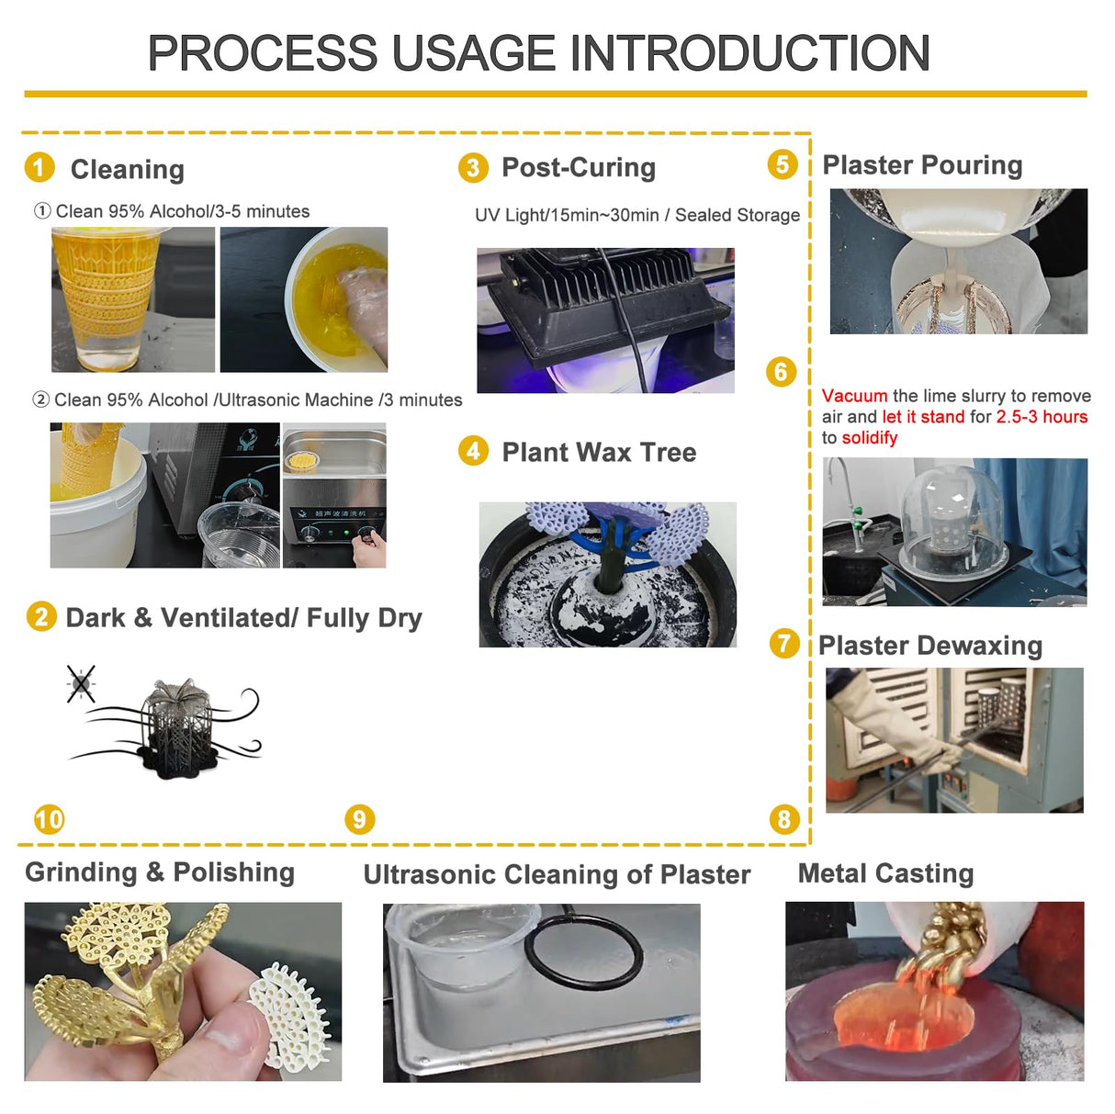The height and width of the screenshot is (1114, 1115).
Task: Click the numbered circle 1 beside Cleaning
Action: coord(39,167)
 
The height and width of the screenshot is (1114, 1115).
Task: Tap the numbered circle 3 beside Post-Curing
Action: coord(472,167)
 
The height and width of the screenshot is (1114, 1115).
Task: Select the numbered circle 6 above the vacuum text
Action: coord(781,372)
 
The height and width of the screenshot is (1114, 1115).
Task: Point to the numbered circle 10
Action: coord(49,818)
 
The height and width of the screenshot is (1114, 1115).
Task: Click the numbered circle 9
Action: coord(359,818)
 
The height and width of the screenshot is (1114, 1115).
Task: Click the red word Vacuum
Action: coord(854,396)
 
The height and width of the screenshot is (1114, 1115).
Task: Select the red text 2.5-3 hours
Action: coord(1042,417)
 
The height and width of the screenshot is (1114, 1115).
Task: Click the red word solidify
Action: coord(869,438)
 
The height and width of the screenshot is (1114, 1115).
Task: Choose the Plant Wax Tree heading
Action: coord(599,452)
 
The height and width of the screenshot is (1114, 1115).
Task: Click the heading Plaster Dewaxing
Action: coord(929,646)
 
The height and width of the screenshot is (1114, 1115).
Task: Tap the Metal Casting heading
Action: coord(885,873)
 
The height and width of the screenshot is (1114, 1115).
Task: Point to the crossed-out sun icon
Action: coord(81,684)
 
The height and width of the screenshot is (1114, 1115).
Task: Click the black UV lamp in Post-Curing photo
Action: coord(606,294)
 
